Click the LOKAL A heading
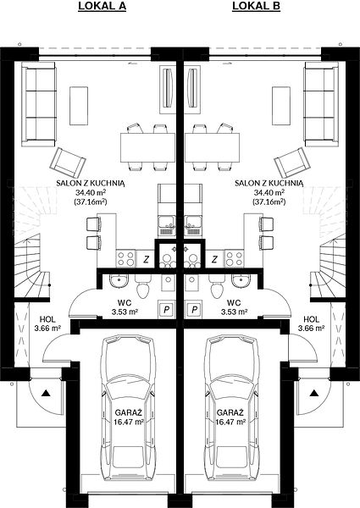[x=102, y=6]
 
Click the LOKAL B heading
[x=257, y=6]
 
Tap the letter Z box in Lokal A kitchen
[x=147, y=259]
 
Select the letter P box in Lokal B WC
[x=195, y=310]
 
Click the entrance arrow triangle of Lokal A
[x=46, y=393]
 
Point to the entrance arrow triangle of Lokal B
[x=313, y=393]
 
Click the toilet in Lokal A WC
[x=143, y=286]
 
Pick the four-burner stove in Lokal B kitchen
[x=235, y=258]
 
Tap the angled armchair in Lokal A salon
[x=68, y=163]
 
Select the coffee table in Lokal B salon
[x=281, y=106]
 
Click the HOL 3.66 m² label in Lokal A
[x=47, y=323]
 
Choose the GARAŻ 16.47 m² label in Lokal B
[x=230, y=417]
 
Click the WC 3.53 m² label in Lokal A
[x=125, y=307]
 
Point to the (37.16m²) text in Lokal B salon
[x=269, y=202]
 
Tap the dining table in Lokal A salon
[x=147, y=147]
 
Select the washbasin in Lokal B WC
[x=241, y=280]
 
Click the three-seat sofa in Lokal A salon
[x=39, y=104]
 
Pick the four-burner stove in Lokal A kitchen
[x=126, y=258]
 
